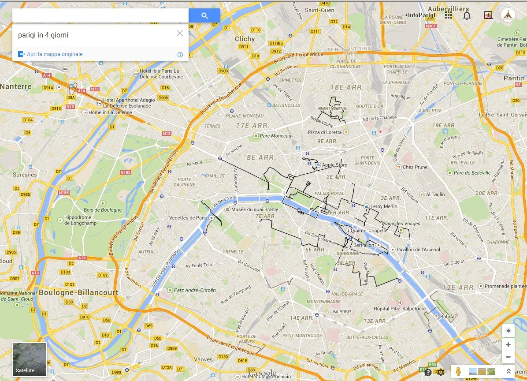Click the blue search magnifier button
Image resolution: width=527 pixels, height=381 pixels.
click(204, 16)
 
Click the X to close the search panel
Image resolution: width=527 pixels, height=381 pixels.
click(179, 33)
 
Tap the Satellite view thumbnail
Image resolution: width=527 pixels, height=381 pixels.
click(30, 359)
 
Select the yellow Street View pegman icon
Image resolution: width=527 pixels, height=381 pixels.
click(459, 371)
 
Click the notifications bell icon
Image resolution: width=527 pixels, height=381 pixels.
click(467, 15)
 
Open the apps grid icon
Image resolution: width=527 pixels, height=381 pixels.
click(449, 15)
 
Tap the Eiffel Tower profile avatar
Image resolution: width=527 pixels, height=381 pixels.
click(508, 15)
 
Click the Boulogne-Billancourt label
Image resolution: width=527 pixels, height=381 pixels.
click(78, 292)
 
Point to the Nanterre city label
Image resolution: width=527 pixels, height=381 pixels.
click(16, 86)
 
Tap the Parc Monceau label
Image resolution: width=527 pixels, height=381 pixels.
click(275, 136)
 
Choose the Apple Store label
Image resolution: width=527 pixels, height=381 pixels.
click(334, 165)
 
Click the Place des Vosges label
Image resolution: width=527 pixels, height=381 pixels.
click(401, 224)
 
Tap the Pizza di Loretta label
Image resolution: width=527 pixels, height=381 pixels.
click(325, 132)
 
